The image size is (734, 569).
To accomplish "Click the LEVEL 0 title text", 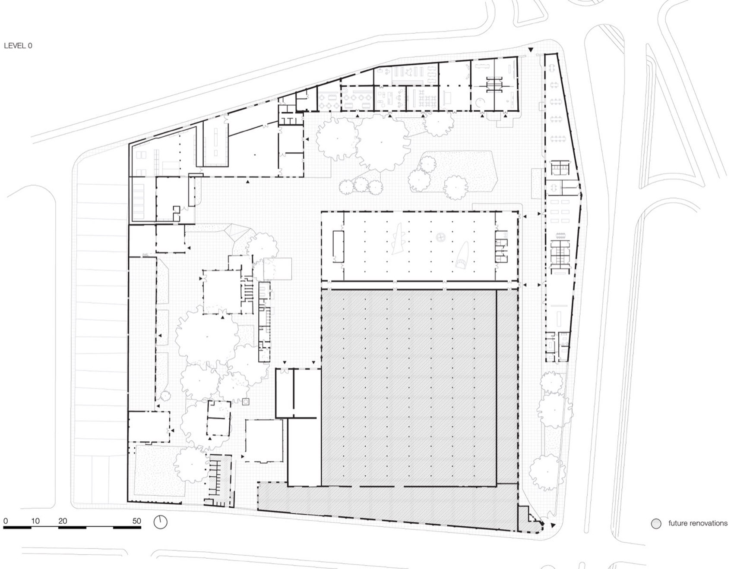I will (x=18, y=45).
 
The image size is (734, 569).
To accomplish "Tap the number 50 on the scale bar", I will (x=136, y=521).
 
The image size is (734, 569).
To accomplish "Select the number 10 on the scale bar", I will (x=35, y=521).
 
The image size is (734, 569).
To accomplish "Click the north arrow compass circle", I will (x=160, y=522).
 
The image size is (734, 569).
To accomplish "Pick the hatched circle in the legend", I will (x=656, y=524).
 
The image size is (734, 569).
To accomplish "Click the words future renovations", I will (x=698, y=523).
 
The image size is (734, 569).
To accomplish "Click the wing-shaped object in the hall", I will (x=400, y=238).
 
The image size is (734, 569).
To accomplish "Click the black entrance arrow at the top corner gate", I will (x=531, y=50).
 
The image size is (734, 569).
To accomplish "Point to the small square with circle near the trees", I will (x=246, y=402).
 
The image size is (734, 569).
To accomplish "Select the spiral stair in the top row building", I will (x=479, y=102).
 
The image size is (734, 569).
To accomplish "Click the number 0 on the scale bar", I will (x=5, y=521).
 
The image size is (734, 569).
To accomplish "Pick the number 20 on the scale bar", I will (x=63, y=521).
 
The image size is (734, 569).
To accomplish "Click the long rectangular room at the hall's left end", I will (x=338, y=246).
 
